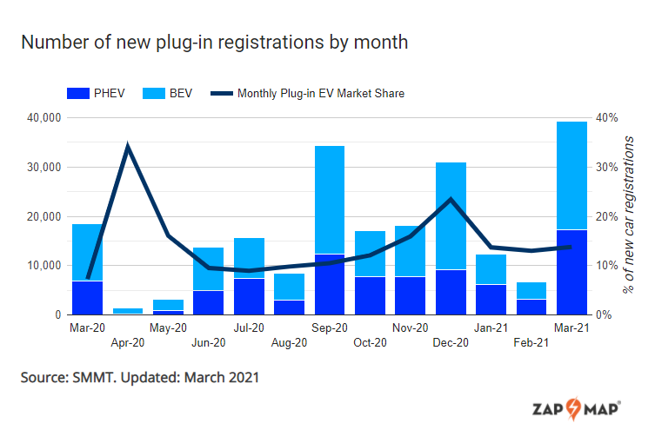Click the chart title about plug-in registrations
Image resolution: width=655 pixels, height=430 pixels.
coord(214,42)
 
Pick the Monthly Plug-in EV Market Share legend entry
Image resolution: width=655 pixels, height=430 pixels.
coord(321,93)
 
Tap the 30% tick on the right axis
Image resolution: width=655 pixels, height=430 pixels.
coord(605,167)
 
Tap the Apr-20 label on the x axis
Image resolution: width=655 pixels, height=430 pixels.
coord(128,343)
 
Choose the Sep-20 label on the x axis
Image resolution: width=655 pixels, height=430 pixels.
coord(329,328)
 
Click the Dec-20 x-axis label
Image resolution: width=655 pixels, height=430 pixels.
coord(451,343)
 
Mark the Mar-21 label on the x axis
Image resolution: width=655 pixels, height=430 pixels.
coord(571,328)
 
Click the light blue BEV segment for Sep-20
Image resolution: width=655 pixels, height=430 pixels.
coord(329,200)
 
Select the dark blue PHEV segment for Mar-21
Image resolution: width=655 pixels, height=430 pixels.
coord(571,272)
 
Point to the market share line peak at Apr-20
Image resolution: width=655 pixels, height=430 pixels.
coord(128,146)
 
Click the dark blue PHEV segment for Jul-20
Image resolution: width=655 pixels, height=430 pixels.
coord(249,296)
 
